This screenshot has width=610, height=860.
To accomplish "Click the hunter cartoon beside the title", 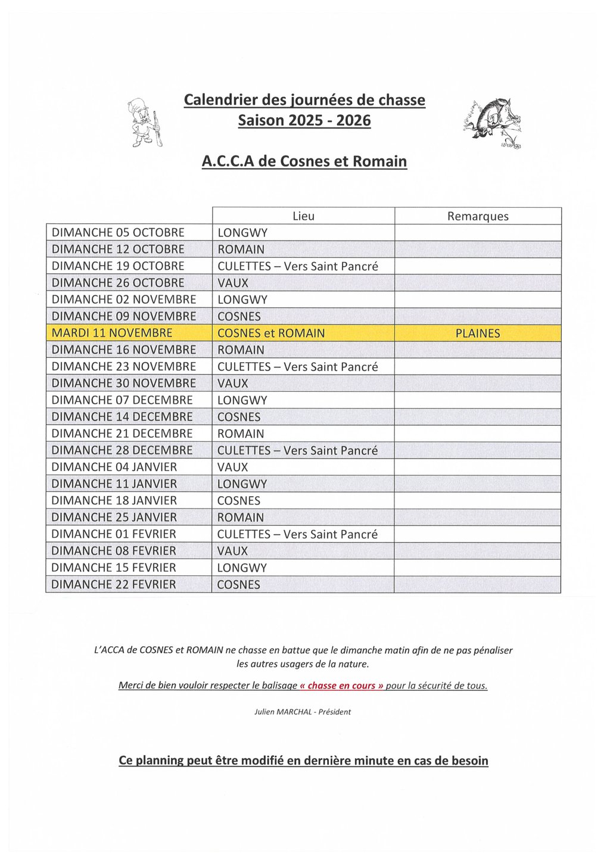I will [x=145, y=123].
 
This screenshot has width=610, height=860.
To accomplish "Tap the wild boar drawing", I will [x=493, y=123].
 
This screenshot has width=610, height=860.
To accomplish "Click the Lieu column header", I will [x=303, y=216].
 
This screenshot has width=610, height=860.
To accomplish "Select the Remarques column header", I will [x=478, y=216].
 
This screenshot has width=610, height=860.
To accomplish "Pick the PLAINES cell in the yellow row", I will [x=478, y=334].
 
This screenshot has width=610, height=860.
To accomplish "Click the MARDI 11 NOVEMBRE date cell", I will [x=112, y=334].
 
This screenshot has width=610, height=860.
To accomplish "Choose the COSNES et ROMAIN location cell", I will [x=271, y=334].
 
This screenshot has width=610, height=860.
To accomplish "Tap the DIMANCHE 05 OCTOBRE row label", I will [x=118, y=233].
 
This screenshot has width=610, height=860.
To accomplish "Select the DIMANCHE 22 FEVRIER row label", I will [x=114, y=585].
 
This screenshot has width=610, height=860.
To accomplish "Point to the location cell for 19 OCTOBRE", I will [x=298, y=266].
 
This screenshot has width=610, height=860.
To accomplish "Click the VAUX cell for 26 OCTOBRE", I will [x=233, y=283].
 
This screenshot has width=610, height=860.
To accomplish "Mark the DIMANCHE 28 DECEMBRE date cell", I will [x=122, y=450].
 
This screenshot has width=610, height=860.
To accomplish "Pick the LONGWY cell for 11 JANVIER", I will [x=242, y=484].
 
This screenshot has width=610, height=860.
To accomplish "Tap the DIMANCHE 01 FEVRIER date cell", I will [x=114, y=534].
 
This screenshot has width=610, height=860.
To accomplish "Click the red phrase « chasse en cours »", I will [x=341, y=685].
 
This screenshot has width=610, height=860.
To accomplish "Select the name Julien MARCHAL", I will [x=283, y=712].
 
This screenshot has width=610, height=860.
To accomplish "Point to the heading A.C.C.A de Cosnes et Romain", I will [x=304, y=161].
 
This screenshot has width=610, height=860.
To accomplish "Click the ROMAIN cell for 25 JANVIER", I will [x=241, y=518].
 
